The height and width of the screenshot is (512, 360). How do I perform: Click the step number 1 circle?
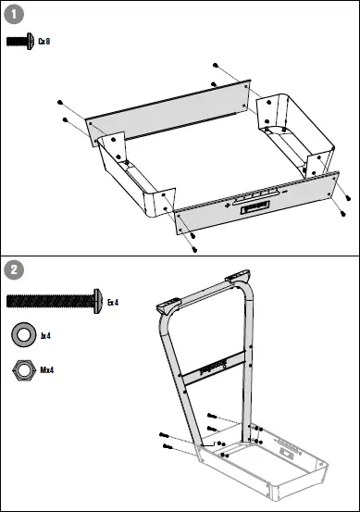(14, 14)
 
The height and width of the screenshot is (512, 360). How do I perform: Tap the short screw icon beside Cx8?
(19, 41)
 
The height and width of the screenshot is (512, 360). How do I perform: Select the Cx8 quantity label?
(43, 41)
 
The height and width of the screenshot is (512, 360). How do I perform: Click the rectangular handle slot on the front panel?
(256, 210)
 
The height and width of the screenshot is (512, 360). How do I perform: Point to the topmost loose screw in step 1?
(215, 65)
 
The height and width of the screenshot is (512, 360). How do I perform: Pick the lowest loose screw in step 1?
(193, 249)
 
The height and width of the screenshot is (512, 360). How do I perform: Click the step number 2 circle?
(14, 270)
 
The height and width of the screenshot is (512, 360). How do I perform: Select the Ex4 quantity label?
(113, 301)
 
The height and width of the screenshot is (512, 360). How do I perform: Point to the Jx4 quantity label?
(45, 335)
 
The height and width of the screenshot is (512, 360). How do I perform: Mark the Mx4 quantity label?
(46, 369)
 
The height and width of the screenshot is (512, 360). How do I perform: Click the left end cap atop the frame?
(170, 306)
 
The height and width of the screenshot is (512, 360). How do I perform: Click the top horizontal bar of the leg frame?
(205, 292)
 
